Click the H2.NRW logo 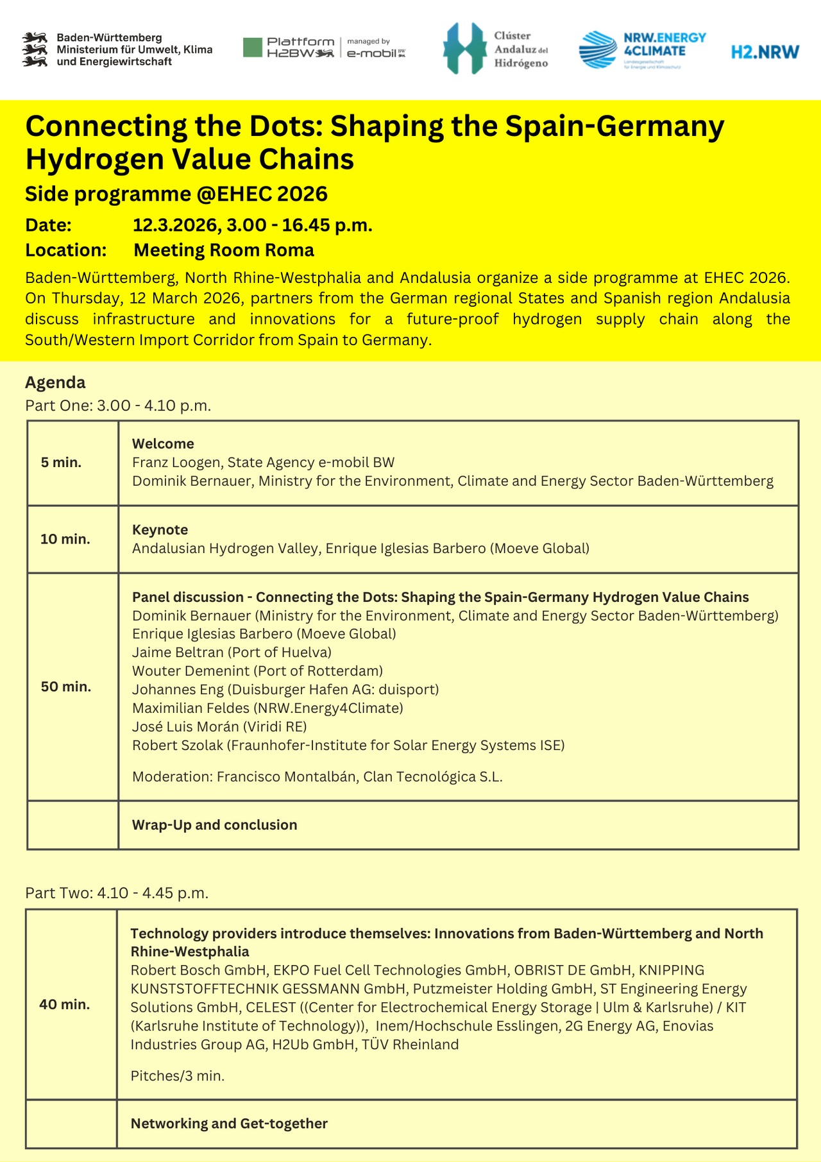tap(765, 52)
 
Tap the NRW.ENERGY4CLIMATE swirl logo tap(598, 50)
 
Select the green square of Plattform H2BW tap(253, 47)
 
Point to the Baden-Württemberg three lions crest tap(36, 49)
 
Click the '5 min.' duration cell tap(62, 463)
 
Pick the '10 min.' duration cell tap(65, 539)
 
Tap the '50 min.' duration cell tap(66, 687)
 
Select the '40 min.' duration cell tap(65, 1004)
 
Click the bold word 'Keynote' tap(160, 530)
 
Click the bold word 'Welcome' tap(163, 444)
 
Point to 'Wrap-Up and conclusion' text tap(214, 825)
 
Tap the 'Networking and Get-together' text tap(229, 1124)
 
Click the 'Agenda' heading tap(55, 382)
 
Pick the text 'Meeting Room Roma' tap(224, 250)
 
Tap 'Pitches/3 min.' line tap(178, 1076)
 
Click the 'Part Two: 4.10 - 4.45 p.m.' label tap(117, 893)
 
